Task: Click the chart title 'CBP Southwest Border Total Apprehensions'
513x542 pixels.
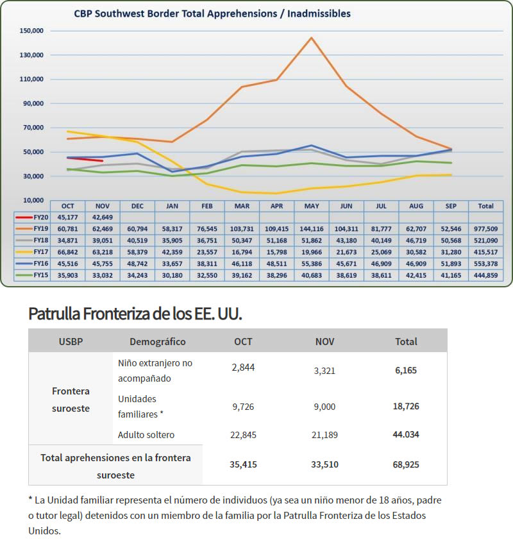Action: [x=176, y=13]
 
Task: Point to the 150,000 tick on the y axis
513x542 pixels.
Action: [x=31, y=31]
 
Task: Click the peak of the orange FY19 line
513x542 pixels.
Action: [x=312, y=37]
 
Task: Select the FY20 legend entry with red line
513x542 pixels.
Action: [x=32, y=217]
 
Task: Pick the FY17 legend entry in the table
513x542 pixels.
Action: [x=32, y=252]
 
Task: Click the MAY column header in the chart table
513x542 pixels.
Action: [x=312, y=206]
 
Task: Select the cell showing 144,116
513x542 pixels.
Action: [x=312, y=229]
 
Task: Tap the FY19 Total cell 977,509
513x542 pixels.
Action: [x=485, y=229]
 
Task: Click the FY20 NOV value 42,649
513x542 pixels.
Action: [x=103, y=217]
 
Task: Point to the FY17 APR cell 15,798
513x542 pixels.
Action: [x=276, y=252]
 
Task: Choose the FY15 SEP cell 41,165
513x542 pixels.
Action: [x=451, y=275]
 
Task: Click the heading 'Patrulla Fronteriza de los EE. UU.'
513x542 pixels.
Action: [x=135, y=314]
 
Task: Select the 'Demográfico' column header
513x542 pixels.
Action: [x=158, y=341]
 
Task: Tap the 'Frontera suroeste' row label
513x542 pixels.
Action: [x=71, y=400]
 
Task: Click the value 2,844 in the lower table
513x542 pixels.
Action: [x=243, y=367]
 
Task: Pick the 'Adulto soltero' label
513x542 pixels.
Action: [x=146, y=434]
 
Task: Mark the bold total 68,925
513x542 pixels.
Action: [x=406, y=464]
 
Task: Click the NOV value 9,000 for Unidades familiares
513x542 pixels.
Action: [x=324, y=407]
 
